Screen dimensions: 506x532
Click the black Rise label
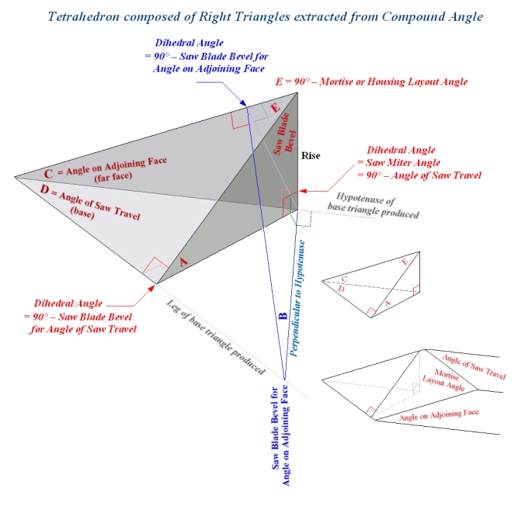coord(311,155)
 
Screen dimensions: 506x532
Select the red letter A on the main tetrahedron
coord(184,262)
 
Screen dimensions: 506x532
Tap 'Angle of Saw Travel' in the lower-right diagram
coord(474,366)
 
